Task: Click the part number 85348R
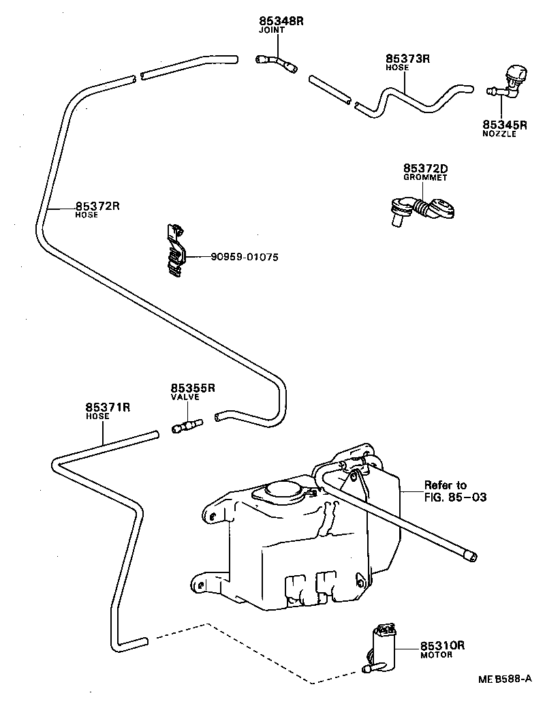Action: coord(281,21)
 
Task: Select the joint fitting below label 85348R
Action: coord(276,62)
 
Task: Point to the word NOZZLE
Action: coord(499,134)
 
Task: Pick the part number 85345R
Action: coord(505,125)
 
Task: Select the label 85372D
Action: coord(425,168)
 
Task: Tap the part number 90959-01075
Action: coord(245,257)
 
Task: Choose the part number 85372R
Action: coord(97,206)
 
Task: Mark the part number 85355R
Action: coord(193,388)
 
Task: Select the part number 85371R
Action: coord(108,407)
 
